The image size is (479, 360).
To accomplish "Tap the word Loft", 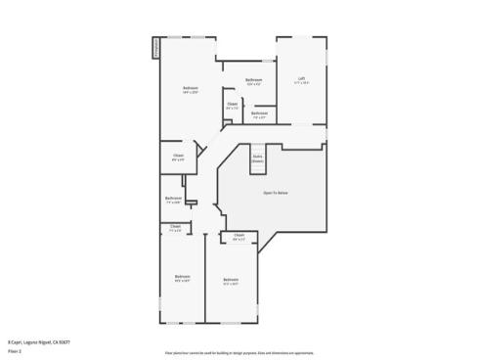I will pos(301,78).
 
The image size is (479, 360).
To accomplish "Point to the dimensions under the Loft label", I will pos(301,83).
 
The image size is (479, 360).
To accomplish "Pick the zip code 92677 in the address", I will pos(65,340).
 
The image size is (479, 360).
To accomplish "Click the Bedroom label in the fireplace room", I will pos(190,89).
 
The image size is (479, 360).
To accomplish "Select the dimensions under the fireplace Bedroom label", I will pos(190,94).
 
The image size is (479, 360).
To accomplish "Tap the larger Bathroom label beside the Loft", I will pos(253,79).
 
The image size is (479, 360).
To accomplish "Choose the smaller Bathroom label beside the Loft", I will pos(258,113).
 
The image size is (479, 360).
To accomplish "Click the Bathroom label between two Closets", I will pos(173,200).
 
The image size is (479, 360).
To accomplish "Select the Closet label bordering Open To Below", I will pos(239,235).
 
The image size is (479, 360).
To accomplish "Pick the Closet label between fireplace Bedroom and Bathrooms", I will pos(232,104).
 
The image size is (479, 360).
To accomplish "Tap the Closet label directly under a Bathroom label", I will pos(174,227).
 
